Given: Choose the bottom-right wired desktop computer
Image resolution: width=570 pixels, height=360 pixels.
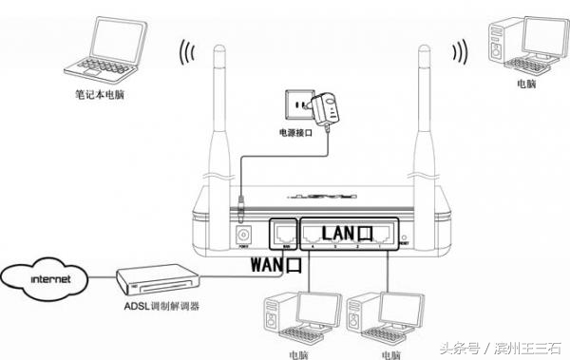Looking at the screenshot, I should pos(378,319).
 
